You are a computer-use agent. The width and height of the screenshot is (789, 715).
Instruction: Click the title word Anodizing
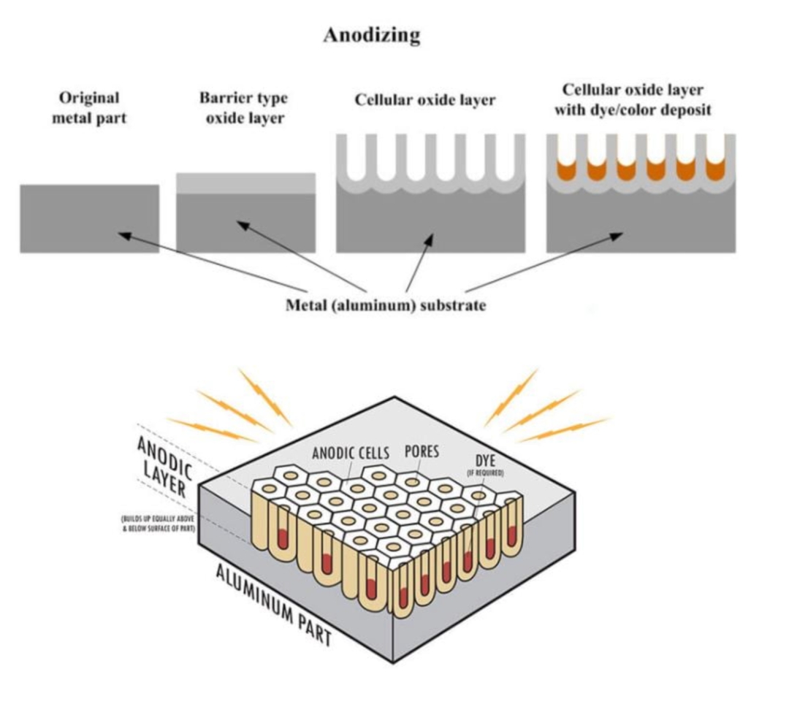372,35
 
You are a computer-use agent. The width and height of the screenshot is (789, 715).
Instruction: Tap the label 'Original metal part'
89,107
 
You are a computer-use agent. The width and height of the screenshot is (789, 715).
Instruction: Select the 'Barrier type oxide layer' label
244,107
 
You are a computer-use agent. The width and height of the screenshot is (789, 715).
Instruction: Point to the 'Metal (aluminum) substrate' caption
386,305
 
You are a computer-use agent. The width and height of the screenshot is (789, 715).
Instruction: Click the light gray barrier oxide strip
245,183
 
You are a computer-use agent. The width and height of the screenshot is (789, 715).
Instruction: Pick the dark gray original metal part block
90,218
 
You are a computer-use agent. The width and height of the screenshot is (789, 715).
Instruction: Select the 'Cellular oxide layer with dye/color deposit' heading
633,99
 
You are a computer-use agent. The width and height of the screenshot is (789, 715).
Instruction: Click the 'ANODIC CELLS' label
351,453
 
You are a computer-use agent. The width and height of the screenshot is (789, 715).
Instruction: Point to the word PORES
422,451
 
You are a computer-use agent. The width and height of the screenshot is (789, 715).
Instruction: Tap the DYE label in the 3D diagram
486,460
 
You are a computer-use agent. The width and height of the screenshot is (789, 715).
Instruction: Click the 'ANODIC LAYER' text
165,467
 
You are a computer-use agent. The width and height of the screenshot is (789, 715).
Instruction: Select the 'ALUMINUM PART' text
274,605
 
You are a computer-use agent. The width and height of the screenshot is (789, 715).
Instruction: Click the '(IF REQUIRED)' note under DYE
486,473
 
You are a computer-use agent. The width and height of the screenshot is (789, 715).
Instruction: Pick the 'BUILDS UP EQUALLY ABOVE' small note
158,519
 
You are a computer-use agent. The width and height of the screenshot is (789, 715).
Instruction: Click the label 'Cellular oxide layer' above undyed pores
425,99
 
